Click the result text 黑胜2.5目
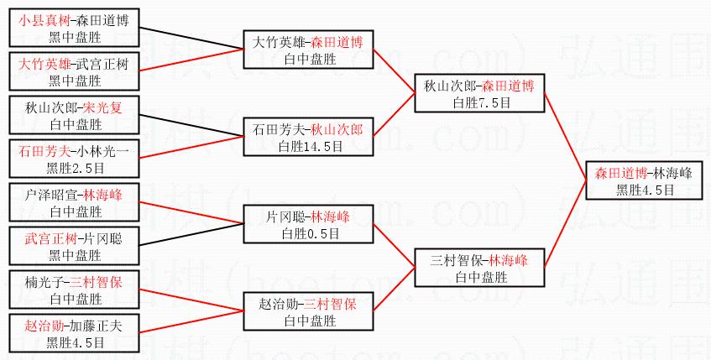pyautogui.click(x=75, y=167)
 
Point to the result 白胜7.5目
pyautogui.click(x=479, y=102)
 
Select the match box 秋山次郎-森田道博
pyautogui.click(x=479, y=94)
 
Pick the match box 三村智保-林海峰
pyautogui.click(x=479, y=268)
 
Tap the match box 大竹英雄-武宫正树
pyautogui.click(x=75, y=71)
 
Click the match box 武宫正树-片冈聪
pyautogui.click(x=75, y=246)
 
